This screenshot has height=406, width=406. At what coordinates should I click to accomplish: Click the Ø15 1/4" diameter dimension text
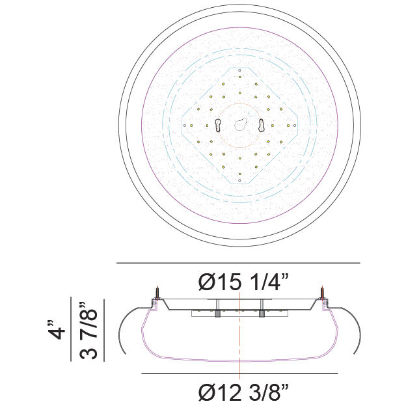click(244, 282)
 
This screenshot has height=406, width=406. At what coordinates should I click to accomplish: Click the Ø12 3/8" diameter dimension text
click(244, 392)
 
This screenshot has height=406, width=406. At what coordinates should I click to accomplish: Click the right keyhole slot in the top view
click(262, 126)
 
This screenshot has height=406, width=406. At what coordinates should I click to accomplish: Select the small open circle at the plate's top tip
click(239, 70)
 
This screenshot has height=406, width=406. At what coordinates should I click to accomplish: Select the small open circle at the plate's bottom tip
click(239, 182)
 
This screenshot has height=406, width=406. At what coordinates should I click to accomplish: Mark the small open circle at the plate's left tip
click(185, 126)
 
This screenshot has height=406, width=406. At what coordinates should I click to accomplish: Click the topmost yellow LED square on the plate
click(239, 77)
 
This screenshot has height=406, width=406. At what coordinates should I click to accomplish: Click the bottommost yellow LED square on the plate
click(239, 174)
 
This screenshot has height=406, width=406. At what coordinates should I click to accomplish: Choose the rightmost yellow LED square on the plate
click(287, 126)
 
